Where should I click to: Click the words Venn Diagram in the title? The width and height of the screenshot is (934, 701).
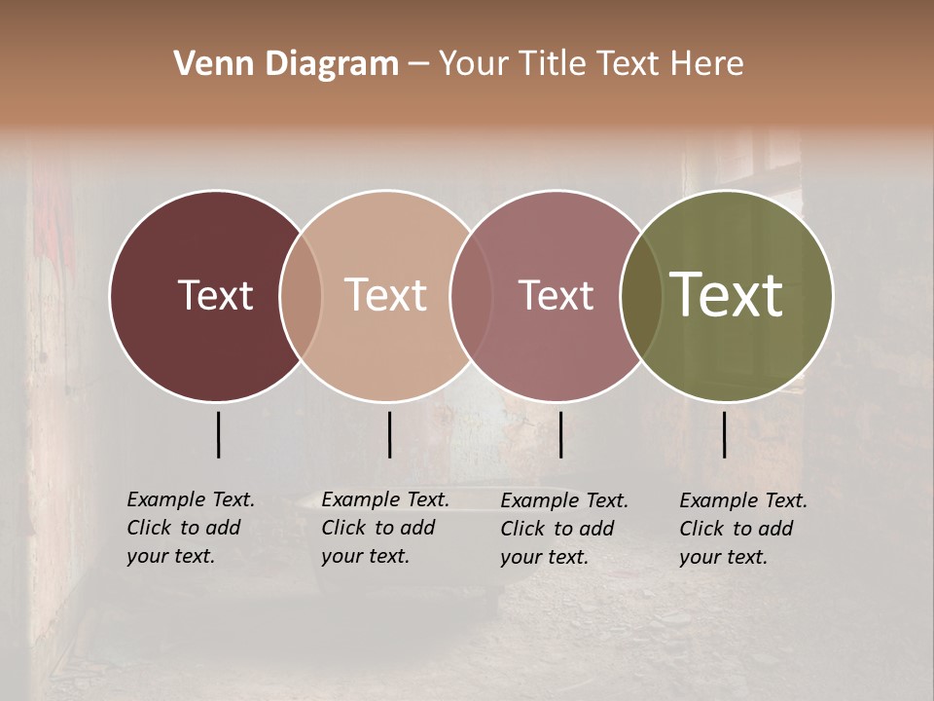click(x=286, y=64)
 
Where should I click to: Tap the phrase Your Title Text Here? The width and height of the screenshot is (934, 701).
click(x=591, y=64)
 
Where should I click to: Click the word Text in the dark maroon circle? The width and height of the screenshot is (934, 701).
click(x=215, y=296)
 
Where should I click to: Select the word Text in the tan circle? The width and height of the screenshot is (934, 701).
click(x=386, y=296)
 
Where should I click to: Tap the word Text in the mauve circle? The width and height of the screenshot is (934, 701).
click(x=556, y=296)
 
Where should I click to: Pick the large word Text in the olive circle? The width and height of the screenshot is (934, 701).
click(x=727, y=296)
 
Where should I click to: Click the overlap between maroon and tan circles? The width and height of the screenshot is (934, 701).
click(x=301, y=296)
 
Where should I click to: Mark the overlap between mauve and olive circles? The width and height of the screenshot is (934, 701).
click(x=641, y=296)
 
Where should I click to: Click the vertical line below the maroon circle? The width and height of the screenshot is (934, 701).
click(x=218, y=434)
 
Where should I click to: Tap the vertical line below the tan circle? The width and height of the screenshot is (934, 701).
click(x=389, y=434)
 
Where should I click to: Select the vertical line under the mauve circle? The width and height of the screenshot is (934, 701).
click(x=560, y=434)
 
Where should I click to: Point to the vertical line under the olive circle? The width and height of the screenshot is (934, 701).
click(x=724, y=434)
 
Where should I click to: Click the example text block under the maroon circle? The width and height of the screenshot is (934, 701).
click(x=191, y=528)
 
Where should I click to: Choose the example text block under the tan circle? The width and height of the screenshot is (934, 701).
click(x=385, y=528)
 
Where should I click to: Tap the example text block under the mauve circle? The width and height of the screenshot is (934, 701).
click(x=564, y=529)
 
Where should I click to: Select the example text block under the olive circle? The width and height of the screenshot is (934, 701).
click(x=743, y=529)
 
